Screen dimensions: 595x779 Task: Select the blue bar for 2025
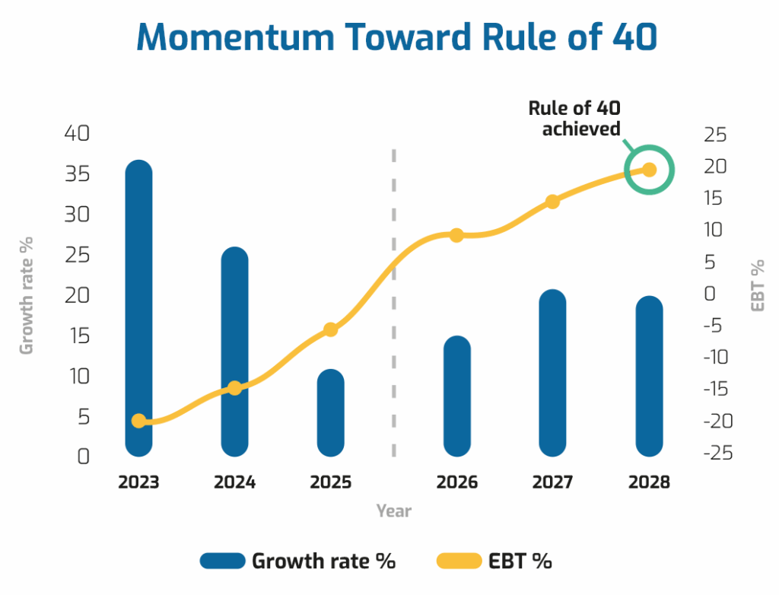(331, 415)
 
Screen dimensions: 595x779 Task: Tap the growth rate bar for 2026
(457, 396)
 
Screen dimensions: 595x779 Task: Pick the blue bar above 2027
(552, 373)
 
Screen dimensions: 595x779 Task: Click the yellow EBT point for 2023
(139, 421)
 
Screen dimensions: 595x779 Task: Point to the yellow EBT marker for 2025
(331, 329)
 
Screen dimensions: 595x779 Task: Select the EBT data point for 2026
(457, 235)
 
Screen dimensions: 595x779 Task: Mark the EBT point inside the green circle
(649, 170)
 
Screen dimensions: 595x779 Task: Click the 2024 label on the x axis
(235, 482)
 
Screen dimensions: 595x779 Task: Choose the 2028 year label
(649, 482)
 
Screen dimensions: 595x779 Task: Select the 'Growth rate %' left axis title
(27, 294)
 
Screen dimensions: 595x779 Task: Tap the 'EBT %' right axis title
(758, 285)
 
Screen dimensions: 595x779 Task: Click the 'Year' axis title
(394, 511)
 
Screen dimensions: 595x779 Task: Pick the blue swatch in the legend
(223, 562)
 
